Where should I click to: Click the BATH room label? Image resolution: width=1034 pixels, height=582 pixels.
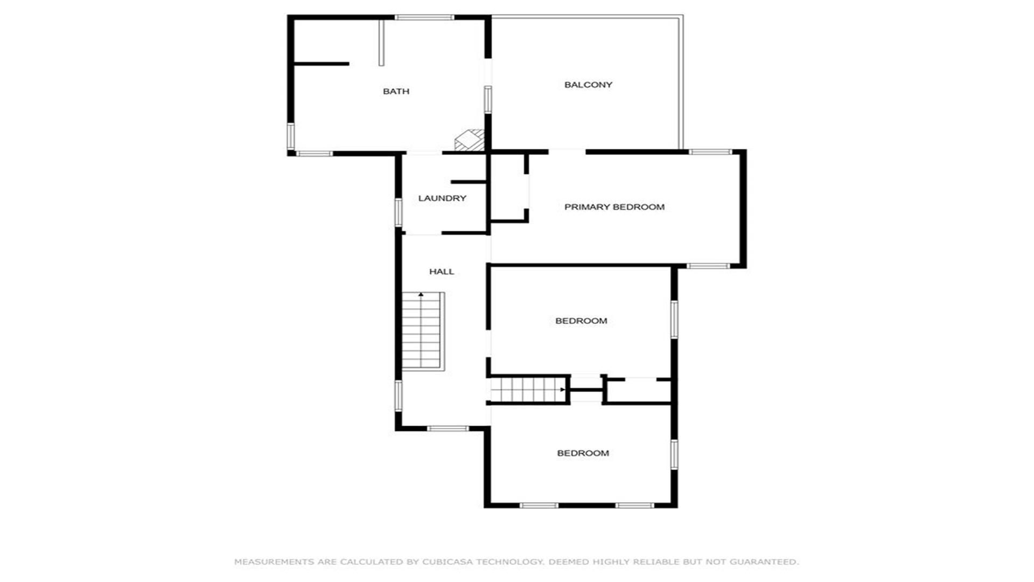[396, 92]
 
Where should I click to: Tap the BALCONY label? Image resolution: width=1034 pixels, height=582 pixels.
[588, 85]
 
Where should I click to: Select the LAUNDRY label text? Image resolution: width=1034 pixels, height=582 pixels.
[442, 198]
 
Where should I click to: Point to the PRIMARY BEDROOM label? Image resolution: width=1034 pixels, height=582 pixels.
[614, 207]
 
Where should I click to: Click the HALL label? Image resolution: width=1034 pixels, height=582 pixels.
[442, 272]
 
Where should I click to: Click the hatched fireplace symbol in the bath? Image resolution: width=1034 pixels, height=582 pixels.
[470, 140]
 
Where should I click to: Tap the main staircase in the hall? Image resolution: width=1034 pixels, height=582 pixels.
[423, 331]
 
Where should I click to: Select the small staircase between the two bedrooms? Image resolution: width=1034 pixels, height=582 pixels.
[528, 390]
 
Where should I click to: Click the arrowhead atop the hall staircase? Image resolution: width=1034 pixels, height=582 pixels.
[421, 295]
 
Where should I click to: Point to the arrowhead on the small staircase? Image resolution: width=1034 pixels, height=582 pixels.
[563, 390]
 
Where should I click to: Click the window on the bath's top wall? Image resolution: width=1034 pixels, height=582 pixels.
[424, 18]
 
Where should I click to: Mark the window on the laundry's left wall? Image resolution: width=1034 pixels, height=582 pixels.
[399, 212]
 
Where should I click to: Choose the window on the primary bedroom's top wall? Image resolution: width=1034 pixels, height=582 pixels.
[710, 152]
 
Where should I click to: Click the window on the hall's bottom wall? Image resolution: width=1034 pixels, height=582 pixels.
[448, 428]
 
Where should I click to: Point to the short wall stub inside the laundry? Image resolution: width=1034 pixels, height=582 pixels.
[469, 182]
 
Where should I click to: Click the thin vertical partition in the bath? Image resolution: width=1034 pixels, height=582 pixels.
[381, 43]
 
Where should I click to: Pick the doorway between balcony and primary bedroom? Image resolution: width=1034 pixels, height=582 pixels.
[567, 152]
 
